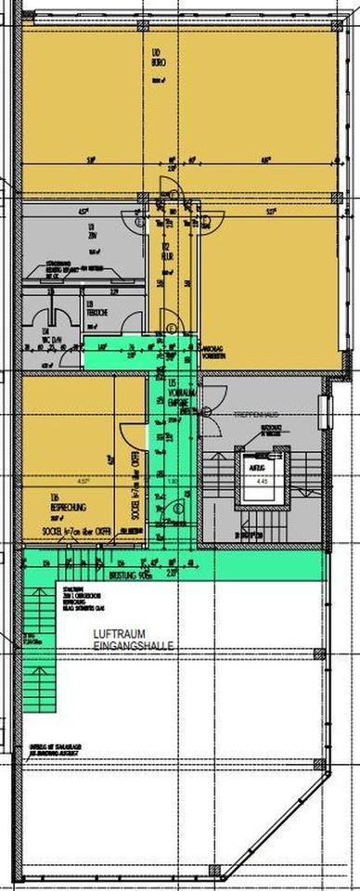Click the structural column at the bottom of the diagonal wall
click(x=215, y=871)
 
